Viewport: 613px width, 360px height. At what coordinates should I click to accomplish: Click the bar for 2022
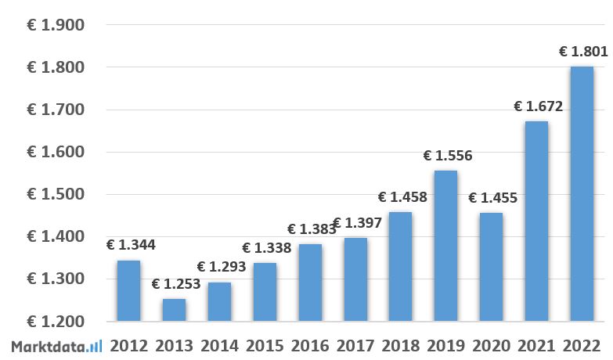coord(582,193)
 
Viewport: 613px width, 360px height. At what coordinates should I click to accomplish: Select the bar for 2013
coord(175,310)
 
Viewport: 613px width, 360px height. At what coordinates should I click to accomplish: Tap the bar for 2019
coord(446,246)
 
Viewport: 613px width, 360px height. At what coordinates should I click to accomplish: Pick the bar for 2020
coord(491,267)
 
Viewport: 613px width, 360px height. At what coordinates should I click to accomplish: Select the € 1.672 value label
coord(538,106)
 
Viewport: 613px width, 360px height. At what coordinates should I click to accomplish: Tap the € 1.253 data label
coord(175,284)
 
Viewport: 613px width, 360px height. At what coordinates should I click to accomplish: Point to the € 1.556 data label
coord(447,156)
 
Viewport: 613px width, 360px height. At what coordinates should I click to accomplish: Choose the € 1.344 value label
coord(130,245)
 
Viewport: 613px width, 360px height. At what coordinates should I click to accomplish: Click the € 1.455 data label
coord(492,198)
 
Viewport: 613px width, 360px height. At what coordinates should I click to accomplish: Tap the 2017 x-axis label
coord(356,346)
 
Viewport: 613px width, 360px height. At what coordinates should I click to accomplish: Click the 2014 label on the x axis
coord(220,346)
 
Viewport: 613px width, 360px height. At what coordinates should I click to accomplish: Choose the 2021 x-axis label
coord(537,346)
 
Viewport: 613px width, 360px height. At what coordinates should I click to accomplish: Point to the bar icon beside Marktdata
coord(95,346)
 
